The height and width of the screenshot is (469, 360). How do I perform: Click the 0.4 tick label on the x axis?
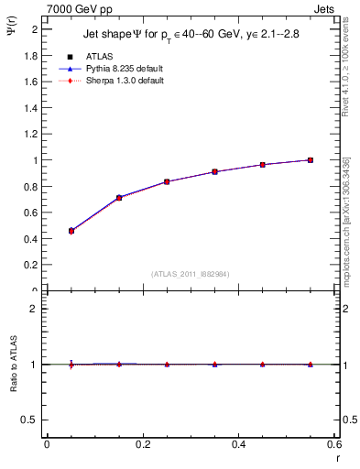[x=238, y=444]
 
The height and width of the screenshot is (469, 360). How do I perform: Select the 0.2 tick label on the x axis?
[x=142, y=444]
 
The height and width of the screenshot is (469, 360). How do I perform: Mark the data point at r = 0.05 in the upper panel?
[x=71, y=231]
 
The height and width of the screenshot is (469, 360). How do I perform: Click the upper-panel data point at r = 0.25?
[x=167, y=181]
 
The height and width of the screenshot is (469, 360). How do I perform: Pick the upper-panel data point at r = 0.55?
[x=311, y=160]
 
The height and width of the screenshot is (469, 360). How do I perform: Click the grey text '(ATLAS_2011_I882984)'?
[x=191, y=273]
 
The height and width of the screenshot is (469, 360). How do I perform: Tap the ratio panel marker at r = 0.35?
[x=214, y=365]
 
